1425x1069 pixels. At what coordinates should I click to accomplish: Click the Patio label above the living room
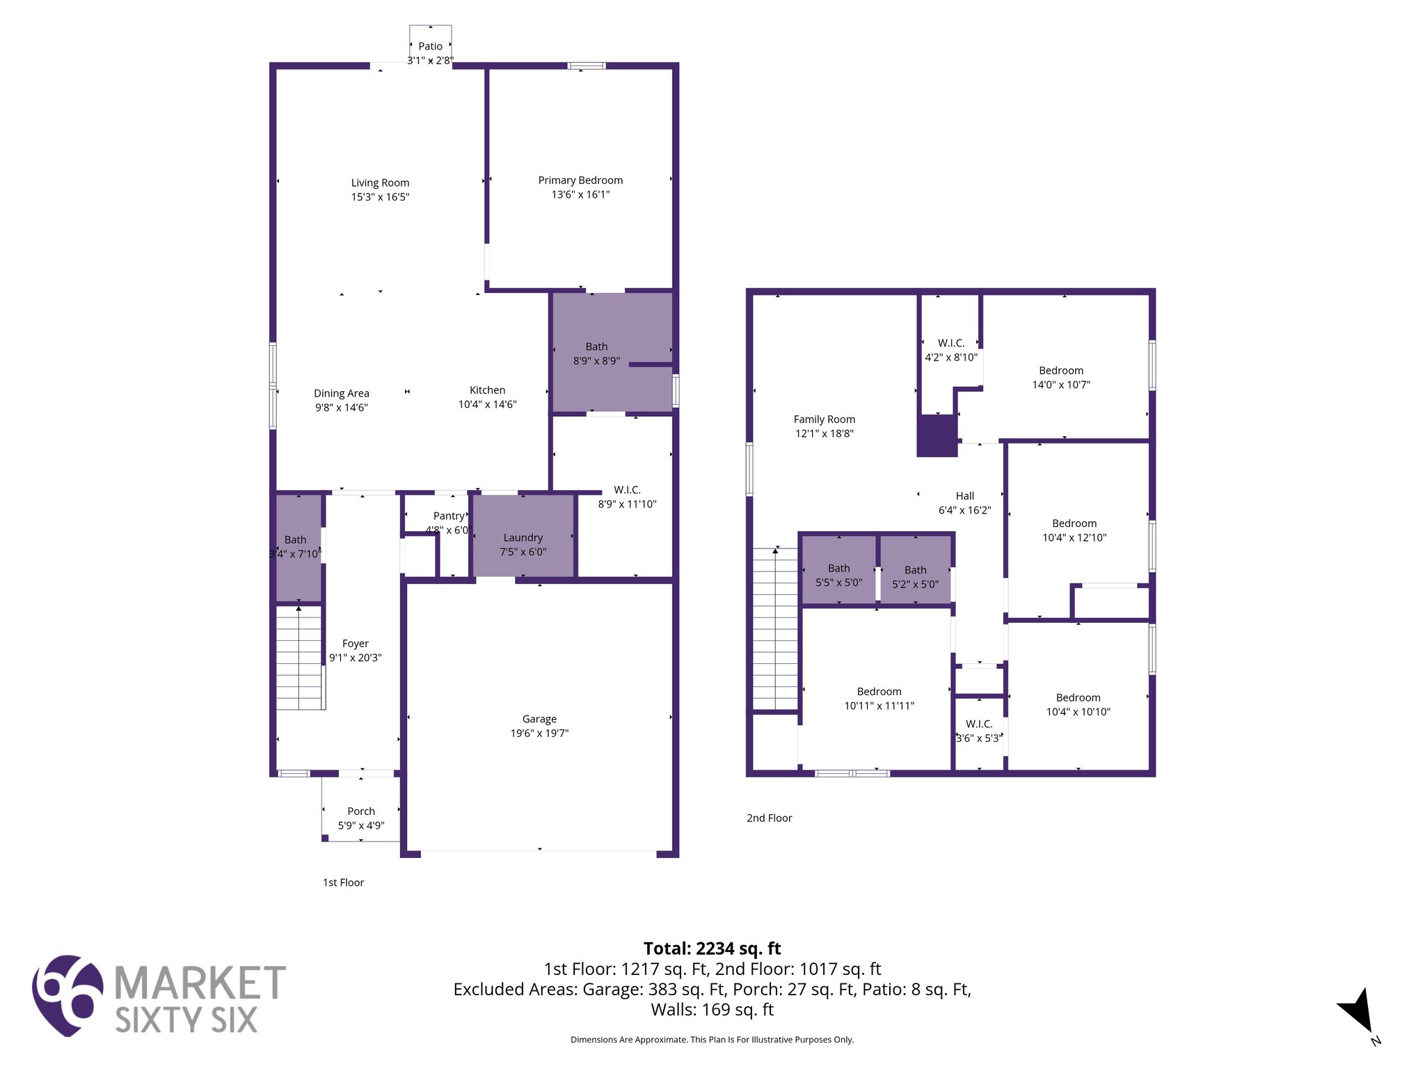pos(430,47)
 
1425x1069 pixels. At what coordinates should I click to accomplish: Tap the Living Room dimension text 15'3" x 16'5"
pos(380,197)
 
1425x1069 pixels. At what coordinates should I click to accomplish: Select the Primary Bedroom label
pos(580,180)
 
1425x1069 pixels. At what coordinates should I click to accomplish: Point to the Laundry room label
pos(523,538)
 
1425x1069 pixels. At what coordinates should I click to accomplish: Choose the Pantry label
pos(449,516)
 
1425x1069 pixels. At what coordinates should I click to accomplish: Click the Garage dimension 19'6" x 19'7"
pos(539,733)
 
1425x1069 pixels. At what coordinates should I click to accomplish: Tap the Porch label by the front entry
pos(361,811)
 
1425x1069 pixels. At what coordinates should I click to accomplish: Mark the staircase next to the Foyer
pos(300,658)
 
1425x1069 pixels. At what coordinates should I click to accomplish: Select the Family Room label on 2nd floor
pos(824,420)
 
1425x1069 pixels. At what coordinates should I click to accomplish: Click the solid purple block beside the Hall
pos(937,436)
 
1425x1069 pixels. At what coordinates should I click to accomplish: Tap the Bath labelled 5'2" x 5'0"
pos(915,577)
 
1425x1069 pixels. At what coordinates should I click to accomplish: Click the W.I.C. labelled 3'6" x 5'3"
pos(979,731)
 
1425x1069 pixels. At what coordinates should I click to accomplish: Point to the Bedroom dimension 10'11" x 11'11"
pos(879,706)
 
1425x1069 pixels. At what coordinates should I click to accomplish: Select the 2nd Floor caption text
pos(769,818)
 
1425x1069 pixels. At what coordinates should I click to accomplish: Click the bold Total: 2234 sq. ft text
pos(712,949)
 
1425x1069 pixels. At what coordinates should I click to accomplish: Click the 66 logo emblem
pos(67,995)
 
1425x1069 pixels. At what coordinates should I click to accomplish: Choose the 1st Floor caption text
pos(343,882)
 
